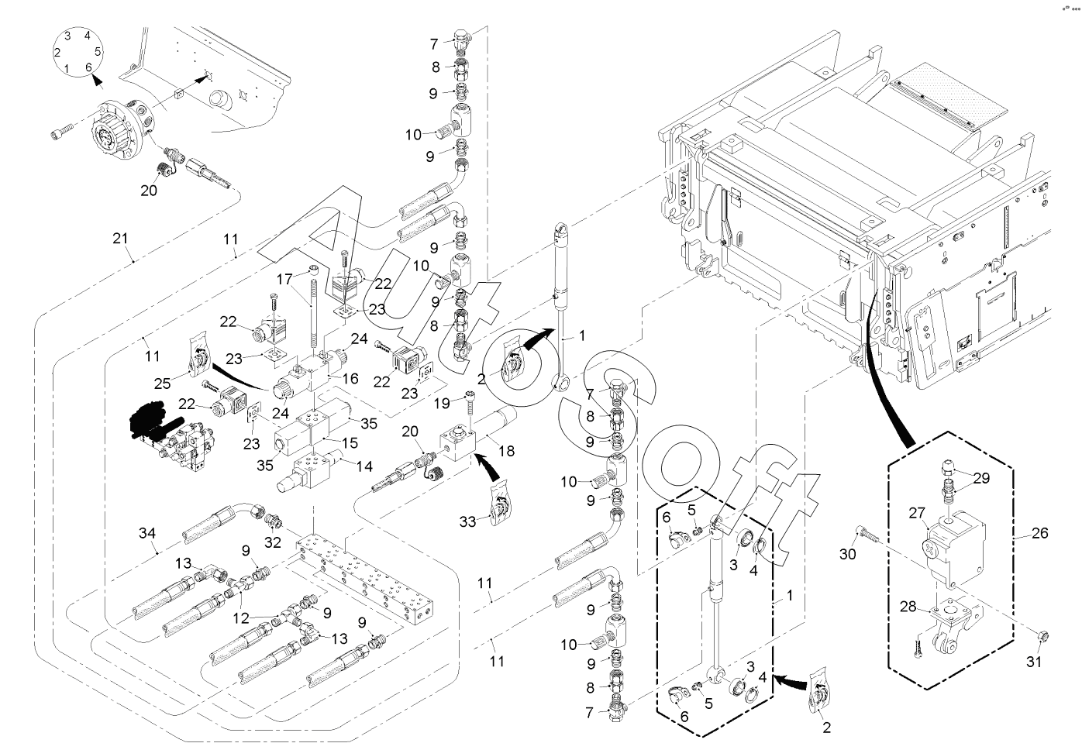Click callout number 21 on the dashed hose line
[x=119, y=239]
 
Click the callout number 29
[x=980, y=478]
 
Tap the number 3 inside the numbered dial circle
[x=67, y=36]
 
